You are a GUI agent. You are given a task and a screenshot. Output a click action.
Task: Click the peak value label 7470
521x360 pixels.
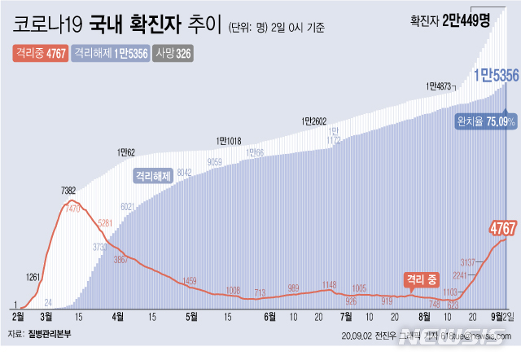coord(72,209)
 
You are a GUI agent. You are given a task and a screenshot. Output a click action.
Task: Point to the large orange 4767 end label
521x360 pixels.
coord(504,226)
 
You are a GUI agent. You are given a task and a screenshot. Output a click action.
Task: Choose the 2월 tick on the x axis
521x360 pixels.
coord(18,314)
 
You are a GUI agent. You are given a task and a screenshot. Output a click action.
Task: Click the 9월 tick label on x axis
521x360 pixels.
coord(495,314)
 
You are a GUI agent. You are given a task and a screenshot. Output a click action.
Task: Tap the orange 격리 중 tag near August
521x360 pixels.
coord(420,279)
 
